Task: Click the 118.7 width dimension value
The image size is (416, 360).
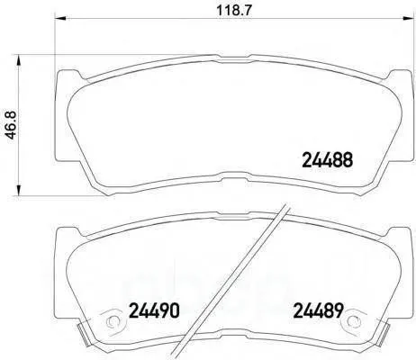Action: [233, 11]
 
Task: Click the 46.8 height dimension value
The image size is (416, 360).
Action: [11, 125]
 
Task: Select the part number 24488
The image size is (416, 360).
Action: [327, 159]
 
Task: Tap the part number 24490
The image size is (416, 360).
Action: [154, 310]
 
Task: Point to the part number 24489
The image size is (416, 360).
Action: [318, 310]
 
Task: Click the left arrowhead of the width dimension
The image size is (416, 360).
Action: [60, 19]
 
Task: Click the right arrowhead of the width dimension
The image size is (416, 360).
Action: [408, 19]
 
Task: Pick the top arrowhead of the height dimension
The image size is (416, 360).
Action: [19, 60]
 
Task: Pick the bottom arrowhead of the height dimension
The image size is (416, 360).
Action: [19, 190]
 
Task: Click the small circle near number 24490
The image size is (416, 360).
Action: [113, 322]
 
